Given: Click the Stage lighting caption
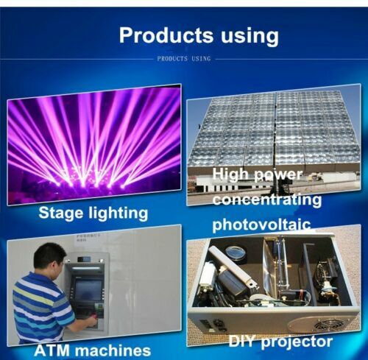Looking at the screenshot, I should click(x=93, y=214).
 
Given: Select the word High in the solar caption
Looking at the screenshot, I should click(x=229, y=176).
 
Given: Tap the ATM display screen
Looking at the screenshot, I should click(x=88, y=290).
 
